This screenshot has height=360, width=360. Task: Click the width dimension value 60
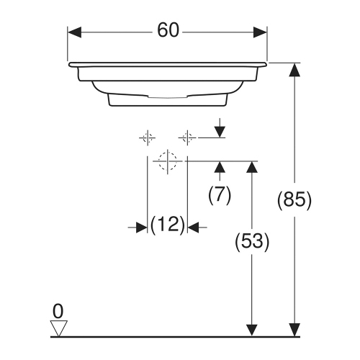(167, 32)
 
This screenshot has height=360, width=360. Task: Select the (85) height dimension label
(294, 201)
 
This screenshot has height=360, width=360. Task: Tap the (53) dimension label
(252, 243)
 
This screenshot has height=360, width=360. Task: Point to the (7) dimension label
(219, 195)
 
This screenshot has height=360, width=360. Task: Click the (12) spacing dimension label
(167, 225)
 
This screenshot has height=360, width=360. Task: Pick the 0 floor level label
(58, 310)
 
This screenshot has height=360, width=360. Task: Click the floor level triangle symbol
(58, 328)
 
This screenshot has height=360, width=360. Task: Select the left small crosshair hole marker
(147, 136)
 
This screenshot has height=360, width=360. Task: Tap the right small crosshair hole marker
(187, 136)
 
